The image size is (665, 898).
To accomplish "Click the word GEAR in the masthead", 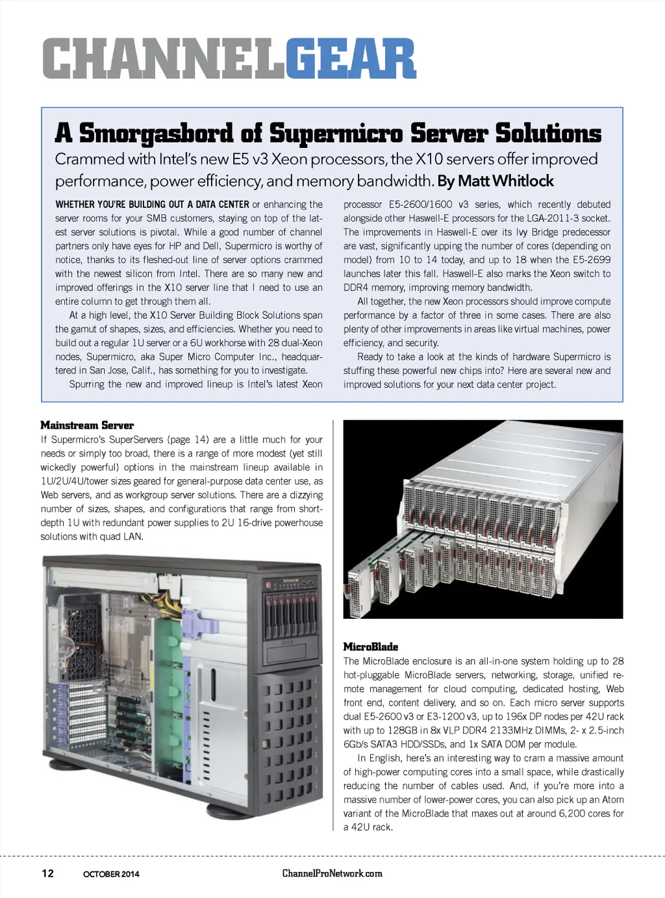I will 350,59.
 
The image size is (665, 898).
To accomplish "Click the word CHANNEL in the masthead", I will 164,59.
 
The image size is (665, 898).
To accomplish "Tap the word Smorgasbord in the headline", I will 155,132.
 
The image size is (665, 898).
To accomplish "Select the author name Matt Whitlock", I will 514,181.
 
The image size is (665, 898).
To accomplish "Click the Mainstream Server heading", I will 87,425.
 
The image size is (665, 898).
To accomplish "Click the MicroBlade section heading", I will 370,647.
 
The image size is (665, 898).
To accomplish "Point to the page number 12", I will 47,873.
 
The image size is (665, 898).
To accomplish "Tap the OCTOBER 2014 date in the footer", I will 111,874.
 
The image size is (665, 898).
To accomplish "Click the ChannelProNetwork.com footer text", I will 332,873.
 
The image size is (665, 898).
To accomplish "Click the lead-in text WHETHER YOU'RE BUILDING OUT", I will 152,205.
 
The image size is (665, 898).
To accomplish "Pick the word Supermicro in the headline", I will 336,132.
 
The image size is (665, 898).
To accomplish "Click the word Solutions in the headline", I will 548,132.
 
